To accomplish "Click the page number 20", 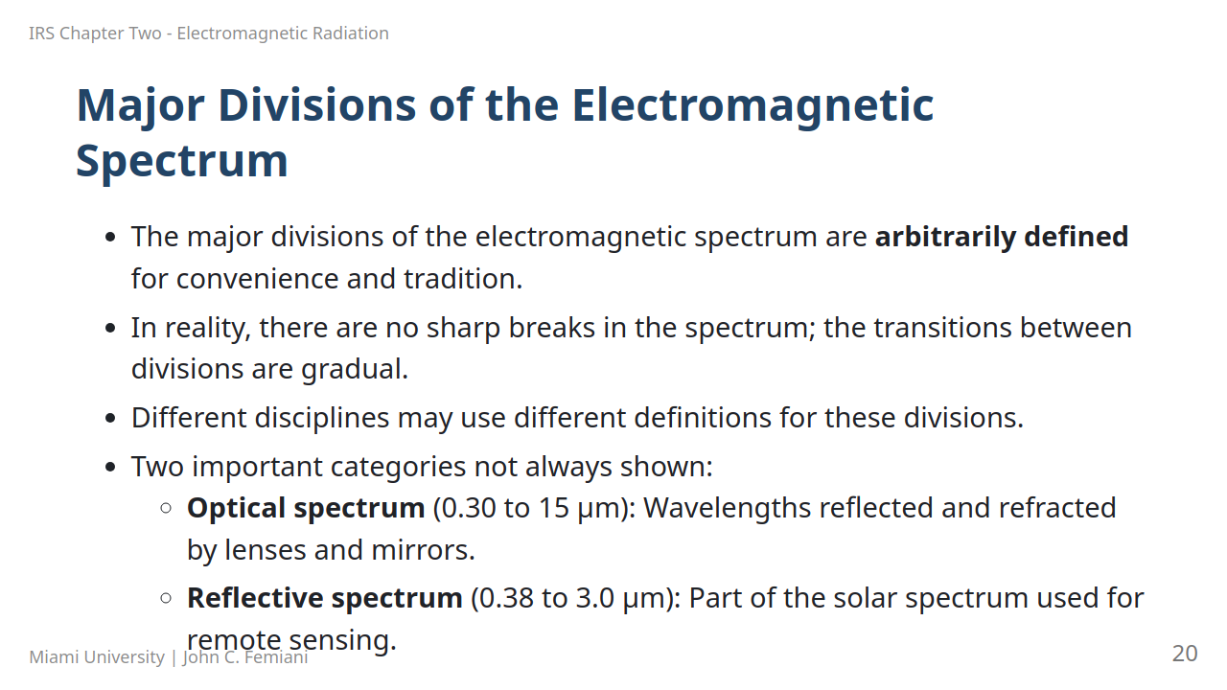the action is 1185,654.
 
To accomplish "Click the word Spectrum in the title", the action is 182,163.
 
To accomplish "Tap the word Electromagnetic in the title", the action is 752,106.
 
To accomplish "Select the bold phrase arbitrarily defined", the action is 1002,237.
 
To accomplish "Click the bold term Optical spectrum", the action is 306,508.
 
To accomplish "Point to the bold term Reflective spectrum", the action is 325,598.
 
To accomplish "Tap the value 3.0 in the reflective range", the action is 595,598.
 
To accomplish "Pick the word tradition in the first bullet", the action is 463,279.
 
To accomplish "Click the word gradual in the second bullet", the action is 355,370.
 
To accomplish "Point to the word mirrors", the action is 423,550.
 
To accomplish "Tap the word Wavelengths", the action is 727,508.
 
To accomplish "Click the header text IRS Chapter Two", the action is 95,34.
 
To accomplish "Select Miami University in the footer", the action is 97,657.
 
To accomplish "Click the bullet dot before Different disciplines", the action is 110,419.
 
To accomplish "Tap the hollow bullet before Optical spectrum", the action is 166,508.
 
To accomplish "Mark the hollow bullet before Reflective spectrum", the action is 166,598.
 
